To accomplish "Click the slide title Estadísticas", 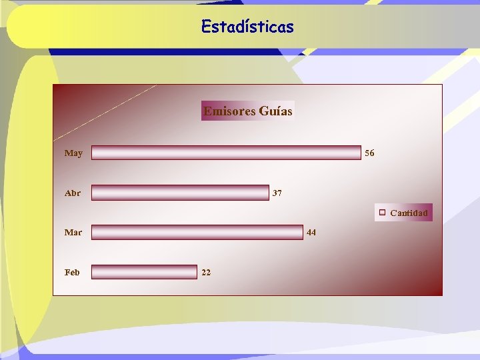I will click(x=247, y=27).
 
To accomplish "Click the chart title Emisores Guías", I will click(x=248, y=111).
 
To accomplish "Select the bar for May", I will click(x=226, y=153).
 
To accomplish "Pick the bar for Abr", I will click(x=180, y=193).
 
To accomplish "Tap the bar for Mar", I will click(x=197, y=232).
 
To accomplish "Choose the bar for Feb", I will click(x=144, y=272).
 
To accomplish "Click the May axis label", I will click(x=73, y=153).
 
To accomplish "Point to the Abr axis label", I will click(x=73, y=193).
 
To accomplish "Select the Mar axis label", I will click(x=73, y=233).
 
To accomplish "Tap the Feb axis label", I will click(x=72, y=272).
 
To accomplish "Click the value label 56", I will click(x=369, y=153).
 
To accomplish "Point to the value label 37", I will click(x=277, y=193).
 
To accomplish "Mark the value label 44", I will click(x=311, y=233).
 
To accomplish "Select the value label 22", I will click(x=206, y=272).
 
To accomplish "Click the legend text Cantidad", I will click(x=409, y=213).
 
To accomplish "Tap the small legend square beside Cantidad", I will click(x=383, y=213).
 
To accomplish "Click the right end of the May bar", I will click(x=359, y=153).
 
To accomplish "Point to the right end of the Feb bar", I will click(x=196, y=272).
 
